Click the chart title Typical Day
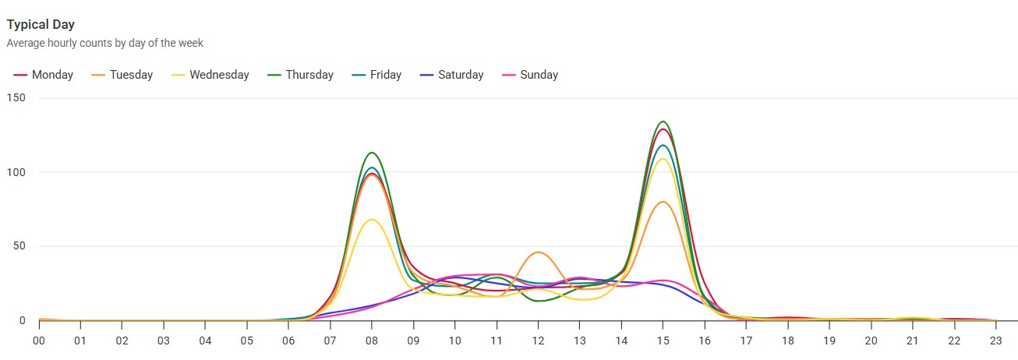[x=41, y=25]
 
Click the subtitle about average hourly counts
[x=104, y=44]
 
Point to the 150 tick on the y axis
[x=16, y=98]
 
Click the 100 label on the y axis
[x=16, y=172]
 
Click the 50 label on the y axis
[x=19, y=246]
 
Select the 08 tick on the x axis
[x=371, y=341]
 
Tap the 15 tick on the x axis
[x=663, y=341]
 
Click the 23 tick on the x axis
[x=995, y=341]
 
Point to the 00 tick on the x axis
[x=38, y=341]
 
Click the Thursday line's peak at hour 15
[x=663, y=122]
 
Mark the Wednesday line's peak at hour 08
[x=372, y=220]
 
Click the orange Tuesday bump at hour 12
[x=538, y=252]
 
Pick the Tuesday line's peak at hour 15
[x=663, y=202]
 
